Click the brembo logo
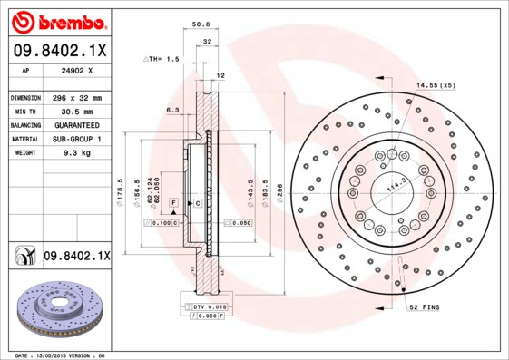pos(57,21)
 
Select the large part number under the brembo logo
pos(58,50)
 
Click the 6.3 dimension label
pos(171,110)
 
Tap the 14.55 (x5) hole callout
pos(435,85)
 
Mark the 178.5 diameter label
pos(122,193)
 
